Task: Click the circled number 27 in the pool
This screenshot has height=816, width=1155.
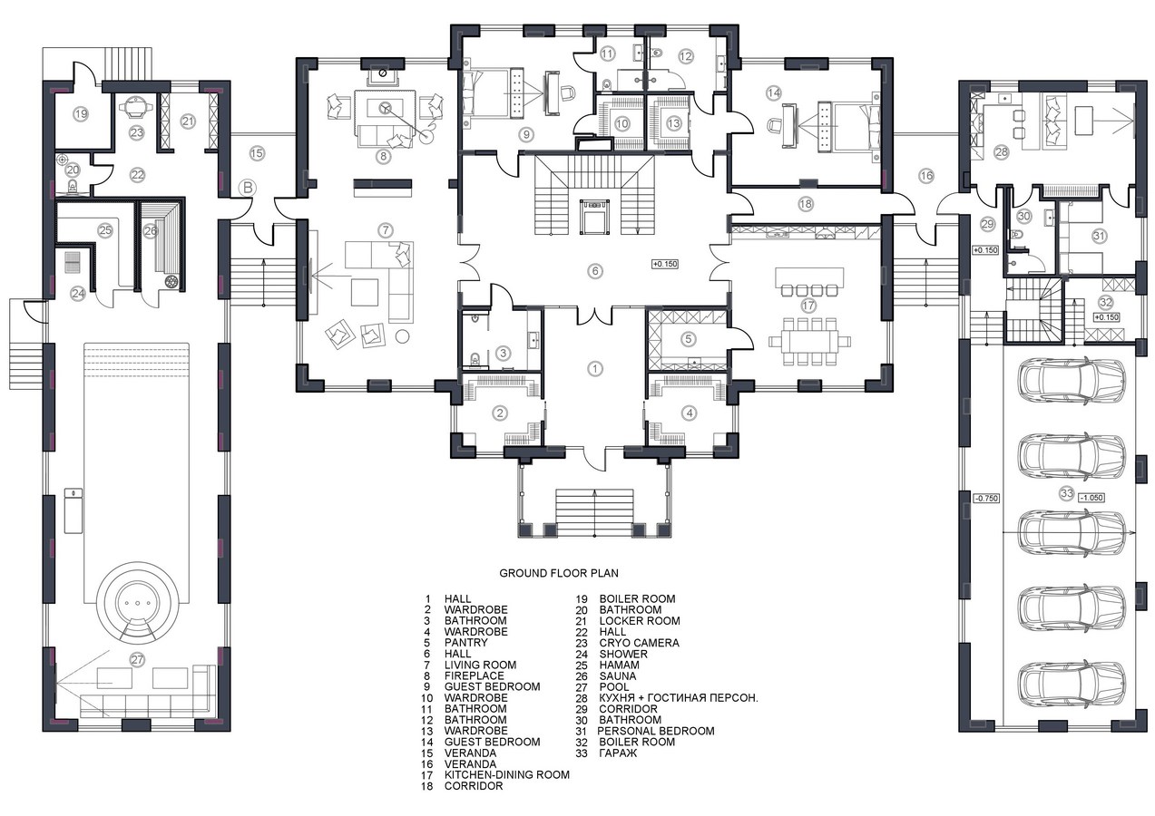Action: click(x=137, y=660)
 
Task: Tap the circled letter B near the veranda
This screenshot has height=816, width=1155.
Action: click(x=248, y=188)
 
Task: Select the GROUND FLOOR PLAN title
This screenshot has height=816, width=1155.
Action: click(x=559, y=573)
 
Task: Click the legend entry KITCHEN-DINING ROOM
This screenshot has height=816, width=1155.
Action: click(x=507, y=775)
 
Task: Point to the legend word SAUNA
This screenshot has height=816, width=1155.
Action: click(x=618, y=675)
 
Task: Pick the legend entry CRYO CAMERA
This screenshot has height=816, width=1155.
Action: click(x=640, y=643)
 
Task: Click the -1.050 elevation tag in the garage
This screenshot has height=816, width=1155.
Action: click(x=1091, y=498)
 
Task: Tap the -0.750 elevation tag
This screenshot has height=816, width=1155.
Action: click(x=986, y=498)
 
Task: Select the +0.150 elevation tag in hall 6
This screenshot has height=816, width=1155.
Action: click(x=665, y=264)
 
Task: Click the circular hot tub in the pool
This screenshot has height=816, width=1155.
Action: click(x=137, y=603)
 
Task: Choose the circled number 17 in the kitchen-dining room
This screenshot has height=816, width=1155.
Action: click(x=808, y=306)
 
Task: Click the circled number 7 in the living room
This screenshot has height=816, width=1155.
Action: click(x=386, y=230)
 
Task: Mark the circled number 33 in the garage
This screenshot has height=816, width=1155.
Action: click(x=1067, y=493)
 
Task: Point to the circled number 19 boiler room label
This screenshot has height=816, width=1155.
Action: click(x=81, y=114)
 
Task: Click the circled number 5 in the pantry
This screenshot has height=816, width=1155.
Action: click(x=688, y=339)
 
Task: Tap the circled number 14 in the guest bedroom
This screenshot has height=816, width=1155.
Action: click(x=773, y=92)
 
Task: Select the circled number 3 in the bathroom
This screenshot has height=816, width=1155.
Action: click(x=503, y=354)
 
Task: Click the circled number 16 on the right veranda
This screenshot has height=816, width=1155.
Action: click(x=926, y=176)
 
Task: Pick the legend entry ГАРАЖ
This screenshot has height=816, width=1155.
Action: click(x=618, y=753)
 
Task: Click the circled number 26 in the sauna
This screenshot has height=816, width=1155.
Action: click(x=150, y=231)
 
